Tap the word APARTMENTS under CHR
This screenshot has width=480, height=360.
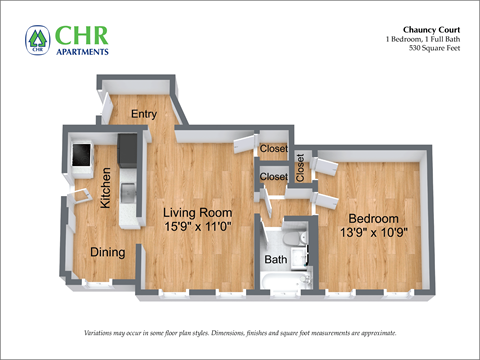click(83, 50)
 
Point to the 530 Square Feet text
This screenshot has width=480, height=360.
click(430, 49)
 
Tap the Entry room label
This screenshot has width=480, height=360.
click(144, 114)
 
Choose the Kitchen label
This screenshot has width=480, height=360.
click(105, 187)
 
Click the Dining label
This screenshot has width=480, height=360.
click(108, 252)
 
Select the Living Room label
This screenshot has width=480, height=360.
click(198, 213)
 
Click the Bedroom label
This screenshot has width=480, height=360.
click(373, 219)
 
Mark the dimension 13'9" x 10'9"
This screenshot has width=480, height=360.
click(373, 233)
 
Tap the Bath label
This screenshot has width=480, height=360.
click(275, 260)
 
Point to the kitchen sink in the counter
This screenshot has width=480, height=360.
click(126, 190)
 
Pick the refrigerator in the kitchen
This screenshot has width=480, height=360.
click(80, 155)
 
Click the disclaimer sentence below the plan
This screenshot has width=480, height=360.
click(239, 333)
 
